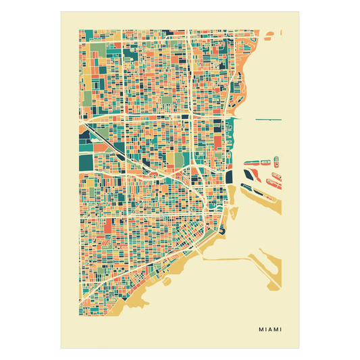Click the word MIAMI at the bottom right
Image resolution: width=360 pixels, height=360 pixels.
tap(270, 330)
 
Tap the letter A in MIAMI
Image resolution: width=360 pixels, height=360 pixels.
tap(270, 330)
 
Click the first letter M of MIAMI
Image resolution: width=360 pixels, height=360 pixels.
tap(261, 330)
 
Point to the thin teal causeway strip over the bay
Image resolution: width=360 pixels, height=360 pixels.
tap(268, 120)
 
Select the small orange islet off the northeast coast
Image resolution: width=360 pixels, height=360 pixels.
tap(270, 33)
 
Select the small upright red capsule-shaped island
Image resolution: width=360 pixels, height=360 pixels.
tap(276, 161)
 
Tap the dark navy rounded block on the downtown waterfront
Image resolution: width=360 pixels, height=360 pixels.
tap(228, 176)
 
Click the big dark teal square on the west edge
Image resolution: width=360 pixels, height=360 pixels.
tap(86, 163)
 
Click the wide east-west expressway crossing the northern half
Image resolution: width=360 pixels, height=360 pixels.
tap(149, 117)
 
